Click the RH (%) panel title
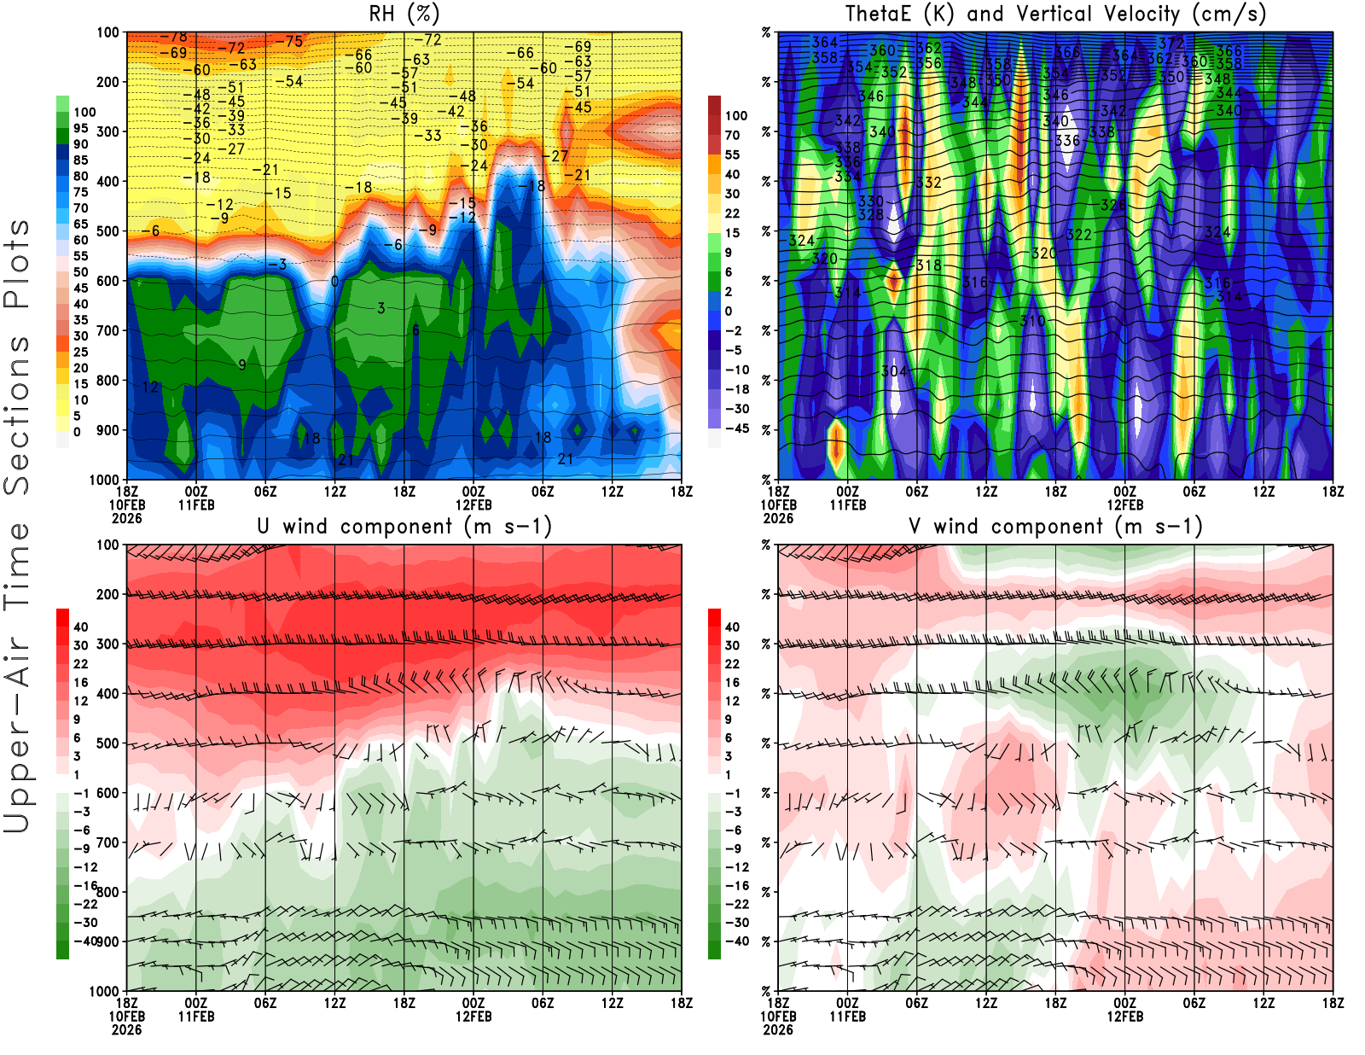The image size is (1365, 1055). click(404, 14)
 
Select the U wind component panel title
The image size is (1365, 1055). click(404, 526)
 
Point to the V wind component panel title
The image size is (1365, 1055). click(1055, 526)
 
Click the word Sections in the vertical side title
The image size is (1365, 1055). click(17, 414)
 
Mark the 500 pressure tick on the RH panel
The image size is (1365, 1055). click(108, 231)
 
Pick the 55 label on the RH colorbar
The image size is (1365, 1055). click(80, 256)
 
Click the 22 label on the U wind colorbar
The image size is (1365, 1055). click(80, 663)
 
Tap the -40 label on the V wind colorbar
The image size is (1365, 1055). click(735, 941)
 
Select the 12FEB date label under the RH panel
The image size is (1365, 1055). click(473, 504)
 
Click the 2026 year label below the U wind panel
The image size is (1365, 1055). click(126, 1029)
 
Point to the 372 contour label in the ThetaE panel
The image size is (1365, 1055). click(1170, 43)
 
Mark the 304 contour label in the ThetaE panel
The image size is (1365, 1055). click(893, 370)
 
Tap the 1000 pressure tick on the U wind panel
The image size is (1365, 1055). click(105, 991)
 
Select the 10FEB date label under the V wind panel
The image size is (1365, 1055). click(778, 1017)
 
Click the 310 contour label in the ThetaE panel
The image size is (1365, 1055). click(1032, 321)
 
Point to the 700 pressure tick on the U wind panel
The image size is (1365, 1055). click(108, 842)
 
